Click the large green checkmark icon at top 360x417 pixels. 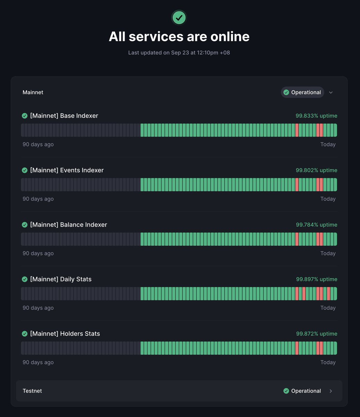179,17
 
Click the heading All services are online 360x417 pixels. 179,36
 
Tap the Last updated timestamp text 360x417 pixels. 179,53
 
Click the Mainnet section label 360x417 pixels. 33,92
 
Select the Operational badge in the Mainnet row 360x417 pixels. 302,92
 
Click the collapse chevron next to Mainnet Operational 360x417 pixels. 331,92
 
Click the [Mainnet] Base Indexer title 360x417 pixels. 64,116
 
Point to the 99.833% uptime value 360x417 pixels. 316,116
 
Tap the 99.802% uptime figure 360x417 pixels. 316,170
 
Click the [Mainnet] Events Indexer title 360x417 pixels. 67,170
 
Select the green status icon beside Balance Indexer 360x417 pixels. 25,225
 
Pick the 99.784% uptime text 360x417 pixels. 316,225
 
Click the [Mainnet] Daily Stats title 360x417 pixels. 61,279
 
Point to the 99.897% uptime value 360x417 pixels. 316,279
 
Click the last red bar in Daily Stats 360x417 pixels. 328,294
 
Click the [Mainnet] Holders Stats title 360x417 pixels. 65,334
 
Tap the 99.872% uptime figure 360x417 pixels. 316,334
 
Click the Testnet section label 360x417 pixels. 32,391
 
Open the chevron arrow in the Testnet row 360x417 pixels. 331,391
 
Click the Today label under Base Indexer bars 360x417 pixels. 328,145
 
